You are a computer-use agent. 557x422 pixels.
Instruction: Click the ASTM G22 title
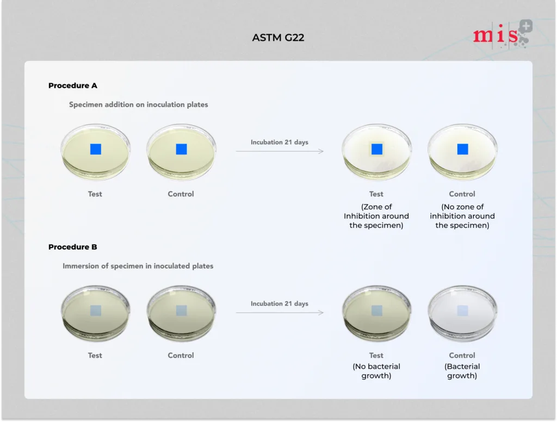coord(278,38)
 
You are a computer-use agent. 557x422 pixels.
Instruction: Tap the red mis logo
coord(502,34)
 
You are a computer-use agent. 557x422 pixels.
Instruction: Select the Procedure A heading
coord(73,85)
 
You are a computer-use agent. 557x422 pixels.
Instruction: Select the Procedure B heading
coord(73,247)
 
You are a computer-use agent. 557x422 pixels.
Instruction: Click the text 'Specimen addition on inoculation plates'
coord(139,104)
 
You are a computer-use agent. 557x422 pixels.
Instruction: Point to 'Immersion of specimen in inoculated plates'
coord(138,266)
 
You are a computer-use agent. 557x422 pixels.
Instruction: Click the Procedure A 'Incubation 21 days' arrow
coord(280,151)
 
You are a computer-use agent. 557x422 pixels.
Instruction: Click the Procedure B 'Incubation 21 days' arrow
coord(280,313)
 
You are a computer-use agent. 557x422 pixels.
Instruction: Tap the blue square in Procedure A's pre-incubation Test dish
coord(96,149)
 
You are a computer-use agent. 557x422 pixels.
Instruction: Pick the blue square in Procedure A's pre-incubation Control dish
coord(182,149)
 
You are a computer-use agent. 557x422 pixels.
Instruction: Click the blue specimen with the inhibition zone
coord(377,149)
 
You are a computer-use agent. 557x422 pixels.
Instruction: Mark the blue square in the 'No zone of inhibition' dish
coord(462,149)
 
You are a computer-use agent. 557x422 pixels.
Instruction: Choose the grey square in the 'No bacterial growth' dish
coord(377,311)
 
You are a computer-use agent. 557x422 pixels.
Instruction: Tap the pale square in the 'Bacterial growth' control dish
coord(462,311)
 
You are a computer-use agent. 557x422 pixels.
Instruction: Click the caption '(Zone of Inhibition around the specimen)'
coord(376,216)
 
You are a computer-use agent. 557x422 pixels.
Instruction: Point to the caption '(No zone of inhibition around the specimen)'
coord(462,216)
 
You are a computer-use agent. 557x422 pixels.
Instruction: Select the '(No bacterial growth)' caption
coord(376,371)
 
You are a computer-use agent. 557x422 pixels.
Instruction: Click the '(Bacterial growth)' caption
coord(462,371)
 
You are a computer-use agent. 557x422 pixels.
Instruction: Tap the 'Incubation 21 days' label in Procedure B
coord(280,303)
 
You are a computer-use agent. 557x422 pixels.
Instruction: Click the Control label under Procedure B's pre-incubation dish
coord(181,355)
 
